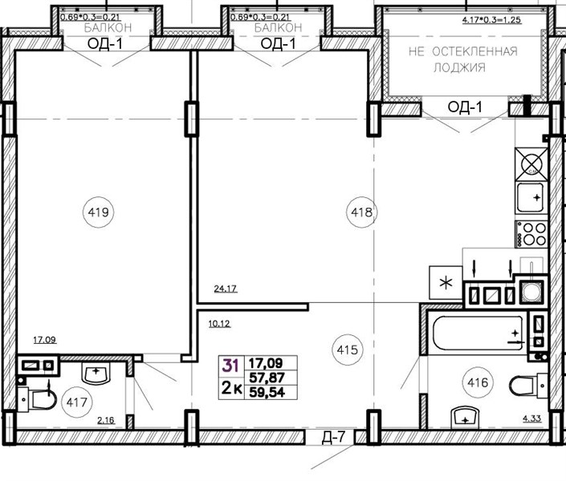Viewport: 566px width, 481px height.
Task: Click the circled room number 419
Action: click(x=98, y=212)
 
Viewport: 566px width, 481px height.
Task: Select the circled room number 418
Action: click(x=362, y=212)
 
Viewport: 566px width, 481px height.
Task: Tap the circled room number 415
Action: click(x=347, y=350)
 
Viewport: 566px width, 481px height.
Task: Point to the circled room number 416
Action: click(x=478, y=382)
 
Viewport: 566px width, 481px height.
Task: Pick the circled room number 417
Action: click(x=77, y=402)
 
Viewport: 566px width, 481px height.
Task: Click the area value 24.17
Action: click(x=226, y=289)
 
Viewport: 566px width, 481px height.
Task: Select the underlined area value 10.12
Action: click(x=219, y=324)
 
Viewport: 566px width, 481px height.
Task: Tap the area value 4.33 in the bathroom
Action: click(x=532, y=418)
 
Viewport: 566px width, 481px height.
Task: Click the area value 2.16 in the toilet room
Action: click(x=106, y=420)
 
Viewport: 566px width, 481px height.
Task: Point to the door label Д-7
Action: click(x=333, y=438)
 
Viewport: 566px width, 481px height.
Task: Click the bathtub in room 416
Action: click(x=478, y=333)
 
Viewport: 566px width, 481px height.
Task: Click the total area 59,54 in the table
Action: click(x=267, y=392)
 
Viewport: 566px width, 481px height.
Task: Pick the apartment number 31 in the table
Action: click(x=230, y=366)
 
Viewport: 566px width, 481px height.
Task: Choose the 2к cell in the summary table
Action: click(x=231, y=389)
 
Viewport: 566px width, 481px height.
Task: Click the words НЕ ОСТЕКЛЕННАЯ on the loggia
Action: click(x=463, y=51)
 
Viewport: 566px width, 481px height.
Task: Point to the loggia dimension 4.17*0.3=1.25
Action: click(x=491, y=19)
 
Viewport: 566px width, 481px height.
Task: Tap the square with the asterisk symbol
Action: click(x=446, y=283)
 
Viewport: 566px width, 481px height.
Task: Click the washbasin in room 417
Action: click(x=96, y=373)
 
